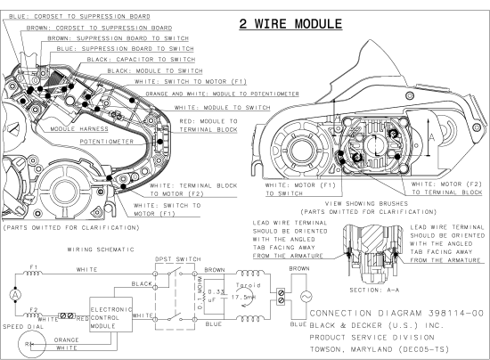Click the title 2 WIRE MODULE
pyautogui.click(x=290, y=24)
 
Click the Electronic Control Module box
pyautogui.click(x=111, y=315)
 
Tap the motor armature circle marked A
pyautogui.click(x=15, y=295)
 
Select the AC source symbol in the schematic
pyautogui.click(x=306, y=296)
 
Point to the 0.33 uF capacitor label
pyautogui.click(x=216, y=296)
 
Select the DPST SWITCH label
pyautogui.click(x=178, y=259)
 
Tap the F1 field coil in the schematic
pyautogui.click(x=33, y=273)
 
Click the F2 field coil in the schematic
pyautogui.click(x=33, y=315)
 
